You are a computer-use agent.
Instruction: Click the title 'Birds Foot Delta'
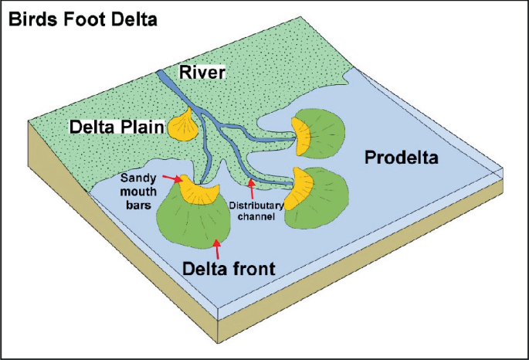point(83,19)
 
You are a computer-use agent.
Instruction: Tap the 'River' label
point(202,73)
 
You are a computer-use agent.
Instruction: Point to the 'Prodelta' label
point(401,159)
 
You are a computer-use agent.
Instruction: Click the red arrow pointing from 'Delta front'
point(219,249)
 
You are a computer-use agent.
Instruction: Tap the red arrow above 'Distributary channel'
point(251,187)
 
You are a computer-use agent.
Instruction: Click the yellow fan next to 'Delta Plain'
point(184,126)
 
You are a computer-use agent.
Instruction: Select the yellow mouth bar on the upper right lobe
point(302,135)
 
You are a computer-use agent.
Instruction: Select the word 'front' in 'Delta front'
point(252,268)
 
